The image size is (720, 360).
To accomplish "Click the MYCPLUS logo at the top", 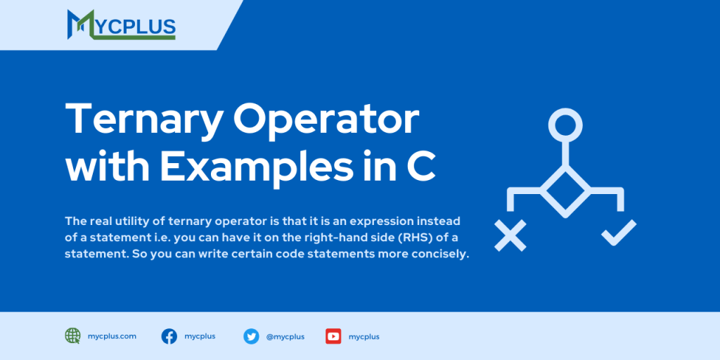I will pyautogui.click(x=121, y=25).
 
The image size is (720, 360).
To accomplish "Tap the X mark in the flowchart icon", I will pyautogui.click(x=510, y=235).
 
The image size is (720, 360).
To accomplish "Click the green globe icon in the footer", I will pyautogui.click(x=72, y=336).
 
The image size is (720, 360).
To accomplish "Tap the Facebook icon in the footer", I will pyautogui.click(x=169, y=336).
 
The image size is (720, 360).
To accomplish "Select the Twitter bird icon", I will pyautogui.click(x=251, y=336).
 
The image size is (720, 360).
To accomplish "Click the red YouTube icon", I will pyautogui.click(x=333, y=336).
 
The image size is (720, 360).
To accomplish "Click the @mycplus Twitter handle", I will pyautogui.click(x=285, y=337).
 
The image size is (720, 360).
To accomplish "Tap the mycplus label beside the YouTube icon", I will pyautogui.click(x=364, y=337).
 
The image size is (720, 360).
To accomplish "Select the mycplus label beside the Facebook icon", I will pyautogui.click(x=200, y=336).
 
